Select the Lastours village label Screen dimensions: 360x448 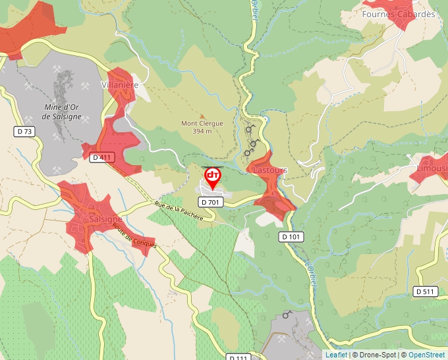tap(270, 170)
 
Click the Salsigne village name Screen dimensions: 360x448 tap(105, 219)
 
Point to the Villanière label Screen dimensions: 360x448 tap(120, 86)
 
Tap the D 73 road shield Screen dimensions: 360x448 tap(24, 132)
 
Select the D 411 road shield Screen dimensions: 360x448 tap(102, 157)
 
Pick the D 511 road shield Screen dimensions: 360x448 tap(426, 291)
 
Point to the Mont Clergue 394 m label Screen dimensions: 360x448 tap(202, 127)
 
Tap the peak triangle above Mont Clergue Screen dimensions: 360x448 tap(203, 116)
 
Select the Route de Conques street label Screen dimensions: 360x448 tap(134, 236)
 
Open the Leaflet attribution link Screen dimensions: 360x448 tap(336, 355)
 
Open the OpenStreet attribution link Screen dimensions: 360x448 tap(427, 355)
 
